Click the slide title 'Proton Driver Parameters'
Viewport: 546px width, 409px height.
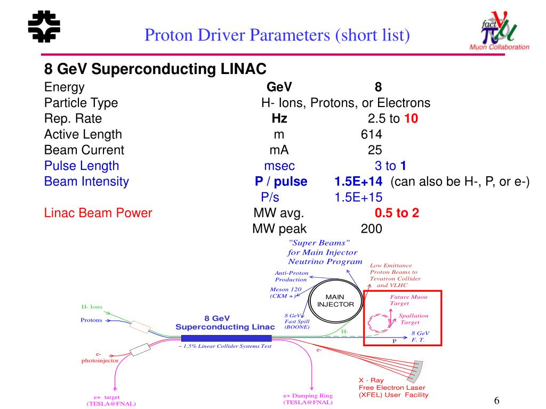[x=277, y=36]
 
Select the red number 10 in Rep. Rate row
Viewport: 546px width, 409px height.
[x=411, y=119]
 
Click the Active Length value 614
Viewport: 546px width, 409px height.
[x=371, y=134]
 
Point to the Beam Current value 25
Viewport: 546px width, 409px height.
[x=374, y=150]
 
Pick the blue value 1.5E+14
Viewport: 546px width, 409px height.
[x=358, y=182]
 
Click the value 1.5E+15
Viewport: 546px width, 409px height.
[x=358, y=197]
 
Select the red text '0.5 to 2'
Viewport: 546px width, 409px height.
[x=397, y=213]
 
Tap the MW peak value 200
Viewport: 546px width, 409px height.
[x=371, y=229]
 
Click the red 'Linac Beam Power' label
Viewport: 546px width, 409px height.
[x=98, y=213]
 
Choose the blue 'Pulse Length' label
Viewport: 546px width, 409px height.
[x=82, y=166]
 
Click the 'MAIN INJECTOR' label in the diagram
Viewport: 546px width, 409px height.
[x=336, y=300]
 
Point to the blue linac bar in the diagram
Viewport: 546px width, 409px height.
[x=226, y=338]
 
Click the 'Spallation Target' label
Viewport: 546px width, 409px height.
[x=413, y=319]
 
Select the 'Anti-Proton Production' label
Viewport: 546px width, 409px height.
[x=291, y=276]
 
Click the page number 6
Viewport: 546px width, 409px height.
[x=497, y=400]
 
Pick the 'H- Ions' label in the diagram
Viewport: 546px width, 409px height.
[x=92, y=307]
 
